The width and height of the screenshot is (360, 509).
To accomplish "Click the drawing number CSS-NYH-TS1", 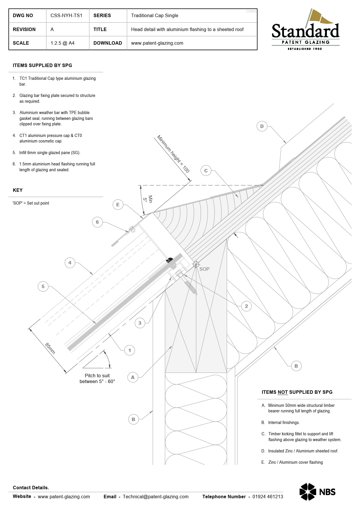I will tap(66, 15).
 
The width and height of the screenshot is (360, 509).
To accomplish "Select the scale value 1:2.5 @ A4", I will tap(62, 43).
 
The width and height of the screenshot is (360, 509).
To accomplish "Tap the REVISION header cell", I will tap(24, 29).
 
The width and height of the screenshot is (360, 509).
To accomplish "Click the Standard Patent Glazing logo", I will tap(305, 30).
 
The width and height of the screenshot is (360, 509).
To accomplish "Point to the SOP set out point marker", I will tap(196, 264).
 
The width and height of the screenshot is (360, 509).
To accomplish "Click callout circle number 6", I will tap(97, 222).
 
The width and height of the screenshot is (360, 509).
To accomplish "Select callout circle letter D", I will tap(262, 126).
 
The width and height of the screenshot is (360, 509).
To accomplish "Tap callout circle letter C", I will tap(206, 171).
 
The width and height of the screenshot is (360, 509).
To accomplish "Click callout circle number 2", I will tap(246, 306).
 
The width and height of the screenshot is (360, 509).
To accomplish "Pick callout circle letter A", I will tap(133, 377).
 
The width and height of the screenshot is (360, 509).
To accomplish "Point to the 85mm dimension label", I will tap(50, 348).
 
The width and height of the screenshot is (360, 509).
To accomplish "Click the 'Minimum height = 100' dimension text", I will tap(173, 154).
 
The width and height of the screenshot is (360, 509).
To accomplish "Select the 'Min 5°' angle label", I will tap(147, 199).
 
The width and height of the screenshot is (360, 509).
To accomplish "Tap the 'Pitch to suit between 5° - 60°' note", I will tap(97, 378).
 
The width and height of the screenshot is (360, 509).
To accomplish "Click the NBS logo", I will tap(317, 492).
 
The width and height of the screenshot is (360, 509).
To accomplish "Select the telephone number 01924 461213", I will tap(267, 497).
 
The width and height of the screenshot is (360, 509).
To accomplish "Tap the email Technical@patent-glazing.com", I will tap(155, 497).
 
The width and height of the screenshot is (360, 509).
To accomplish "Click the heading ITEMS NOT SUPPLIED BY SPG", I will tap(297, 392).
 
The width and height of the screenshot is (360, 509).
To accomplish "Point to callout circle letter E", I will tap(118, 205).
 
